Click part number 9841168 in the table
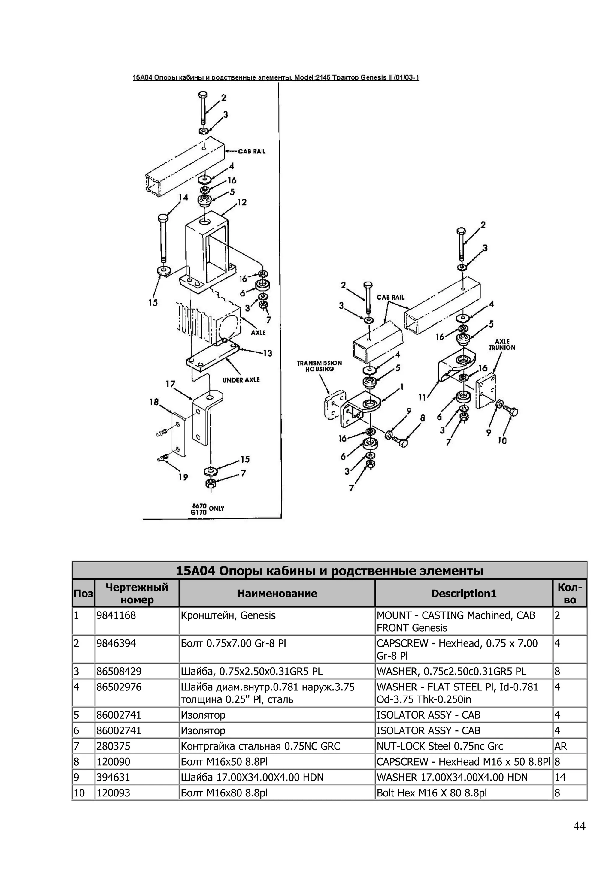coord(116,615)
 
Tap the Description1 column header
coord(463,594)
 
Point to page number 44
coord(579,826)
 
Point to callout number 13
coord(267,353)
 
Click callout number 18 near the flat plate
coord(154,402)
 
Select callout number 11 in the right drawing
coord(422,397)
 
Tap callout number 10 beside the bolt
coord(502,441)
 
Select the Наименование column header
coord(277,594)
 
